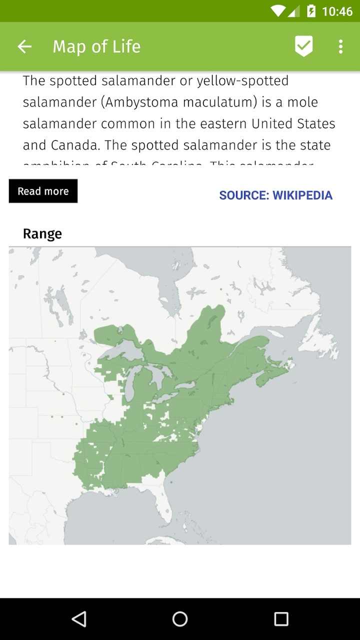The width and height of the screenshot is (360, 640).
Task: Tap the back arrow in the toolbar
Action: [x=24, y=46]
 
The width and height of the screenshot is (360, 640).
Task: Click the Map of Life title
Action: [x=96, y=46]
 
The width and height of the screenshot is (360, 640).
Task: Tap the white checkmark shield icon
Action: [x=303, y=46]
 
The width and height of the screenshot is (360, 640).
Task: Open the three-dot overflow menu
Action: [x=340, y=46]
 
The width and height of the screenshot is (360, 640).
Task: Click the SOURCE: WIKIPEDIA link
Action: [x=275, y=195]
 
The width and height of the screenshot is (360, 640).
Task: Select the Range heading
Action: [x=42, y=234]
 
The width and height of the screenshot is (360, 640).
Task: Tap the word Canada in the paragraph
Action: [x=74, y=145]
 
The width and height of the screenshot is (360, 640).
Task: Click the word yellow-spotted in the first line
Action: [x=242, y=81]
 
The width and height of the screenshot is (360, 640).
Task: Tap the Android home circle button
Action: [x=180, y=619]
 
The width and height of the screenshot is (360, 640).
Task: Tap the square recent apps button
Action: [x=281, y=619]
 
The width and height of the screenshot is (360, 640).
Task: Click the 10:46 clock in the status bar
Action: [x=337, y=11]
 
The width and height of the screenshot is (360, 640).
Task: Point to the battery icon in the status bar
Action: [x=311, y=11]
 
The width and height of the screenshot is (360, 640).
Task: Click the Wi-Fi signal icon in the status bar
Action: [x=277, y=11]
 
